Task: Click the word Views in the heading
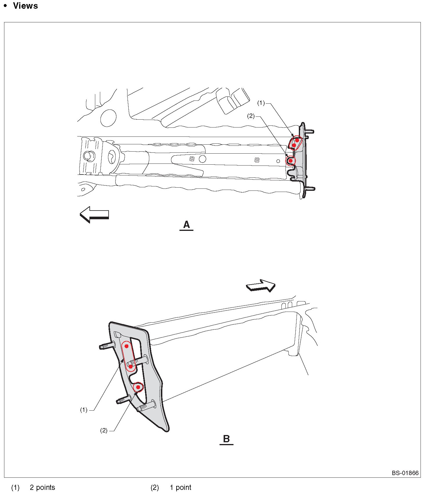26,6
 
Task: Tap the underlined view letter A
186,225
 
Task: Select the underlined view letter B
227,439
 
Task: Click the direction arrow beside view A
94,215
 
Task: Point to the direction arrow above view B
261,285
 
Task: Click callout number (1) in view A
261,103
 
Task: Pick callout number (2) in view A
251,116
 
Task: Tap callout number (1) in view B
84,410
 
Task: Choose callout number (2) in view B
104,430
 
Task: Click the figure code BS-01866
405,473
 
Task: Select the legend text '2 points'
42,487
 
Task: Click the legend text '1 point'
180,487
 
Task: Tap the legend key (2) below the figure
154,487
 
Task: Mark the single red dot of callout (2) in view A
290,161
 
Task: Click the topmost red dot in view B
127,346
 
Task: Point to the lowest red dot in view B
138,387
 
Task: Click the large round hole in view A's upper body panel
108,118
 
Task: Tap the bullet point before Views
5,6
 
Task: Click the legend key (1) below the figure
15,487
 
